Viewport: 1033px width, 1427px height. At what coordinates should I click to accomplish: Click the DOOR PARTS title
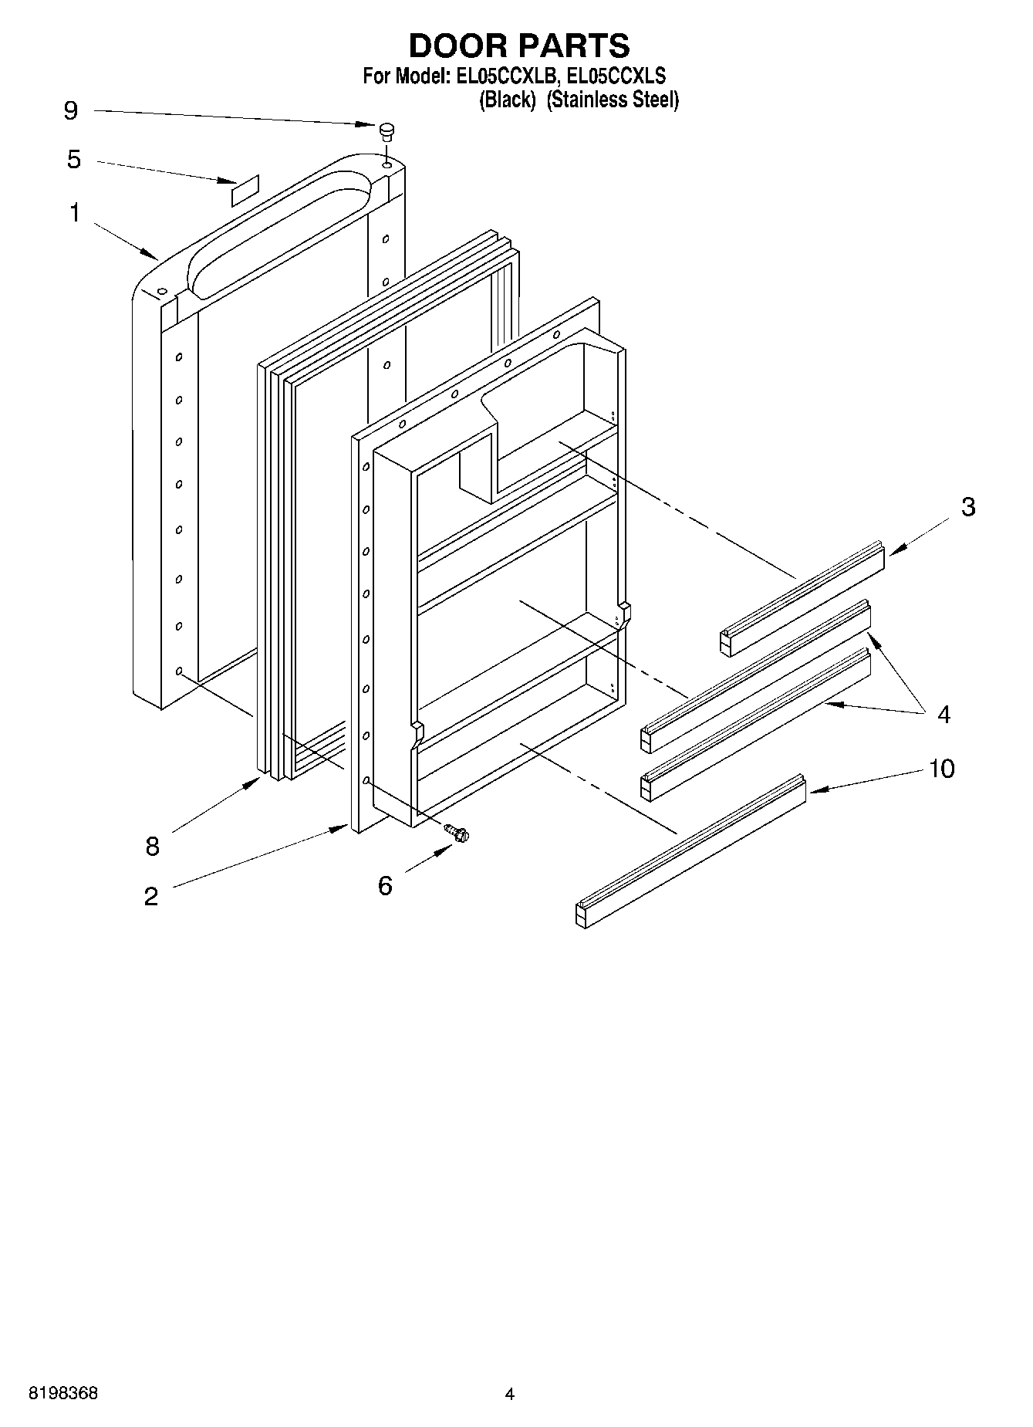518,46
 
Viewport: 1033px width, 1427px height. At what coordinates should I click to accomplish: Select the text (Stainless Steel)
613,100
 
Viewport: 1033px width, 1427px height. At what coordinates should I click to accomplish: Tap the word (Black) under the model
507,100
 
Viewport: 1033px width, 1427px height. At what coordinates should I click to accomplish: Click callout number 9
70,111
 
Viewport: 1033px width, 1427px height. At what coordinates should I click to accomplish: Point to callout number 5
73,160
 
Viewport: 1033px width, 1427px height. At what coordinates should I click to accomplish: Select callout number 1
74,213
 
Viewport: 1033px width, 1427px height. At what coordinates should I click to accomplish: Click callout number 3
967,507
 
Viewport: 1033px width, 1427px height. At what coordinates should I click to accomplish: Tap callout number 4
944,715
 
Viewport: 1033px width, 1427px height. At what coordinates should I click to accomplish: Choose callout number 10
941,769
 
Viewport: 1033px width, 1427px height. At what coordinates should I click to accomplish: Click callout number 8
152,847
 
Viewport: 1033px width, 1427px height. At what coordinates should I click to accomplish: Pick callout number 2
150,896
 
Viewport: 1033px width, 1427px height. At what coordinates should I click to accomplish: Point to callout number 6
385,885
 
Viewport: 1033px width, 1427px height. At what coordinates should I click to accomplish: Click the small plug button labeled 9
387,130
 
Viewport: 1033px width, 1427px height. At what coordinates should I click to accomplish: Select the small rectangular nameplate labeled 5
245,191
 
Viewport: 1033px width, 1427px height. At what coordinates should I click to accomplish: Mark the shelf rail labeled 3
802,598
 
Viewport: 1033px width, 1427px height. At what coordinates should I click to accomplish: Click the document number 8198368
63,1393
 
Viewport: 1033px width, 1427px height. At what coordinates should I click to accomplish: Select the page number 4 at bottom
509,1394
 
